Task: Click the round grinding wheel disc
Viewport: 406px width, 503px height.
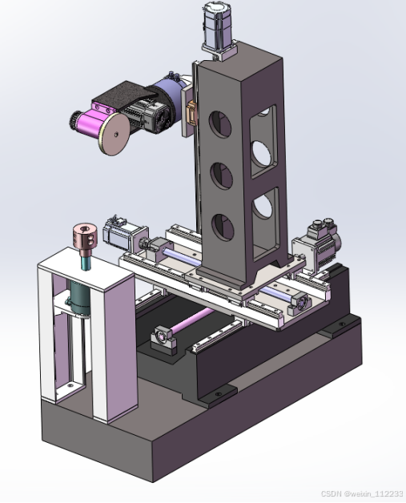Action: tap(115, 134)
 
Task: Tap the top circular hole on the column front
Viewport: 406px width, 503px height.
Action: tap(220, 124)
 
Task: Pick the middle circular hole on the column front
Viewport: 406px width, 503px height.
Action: tap(222, 175)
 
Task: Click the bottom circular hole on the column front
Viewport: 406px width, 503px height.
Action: tap(223, 227)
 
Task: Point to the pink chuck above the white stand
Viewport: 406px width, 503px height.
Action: tap(85, 236)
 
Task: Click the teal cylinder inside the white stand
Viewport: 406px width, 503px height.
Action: tap(80, 296)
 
